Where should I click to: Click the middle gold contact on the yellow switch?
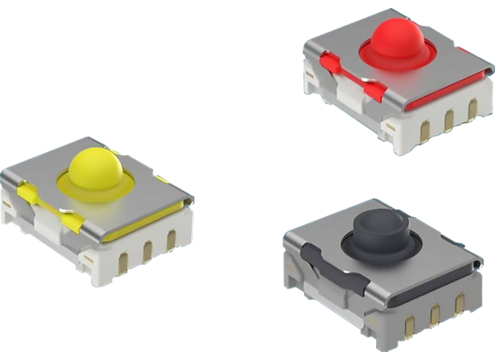pyautogui.click(x=148, y=248)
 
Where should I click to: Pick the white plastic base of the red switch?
pyautogui.click(x=412, y=132)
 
